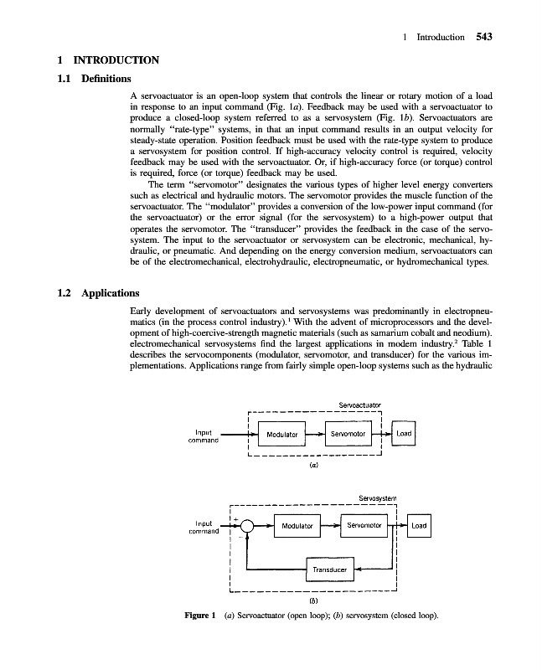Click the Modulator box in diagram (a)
(282, 435)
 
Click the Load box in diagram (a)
(405, 434)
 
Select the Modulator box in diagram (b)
(297, 527)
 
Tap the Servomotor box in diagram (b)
(364, 526)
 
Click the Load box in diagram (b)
(419, 526)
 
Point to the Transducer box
(330, 569)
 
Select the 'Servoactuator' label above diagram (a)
(359, 406)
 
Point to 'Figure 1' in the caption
(202, 617)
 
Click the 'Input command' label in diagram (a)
(204, 436)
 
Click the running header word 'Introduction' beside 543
(440, 37)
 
